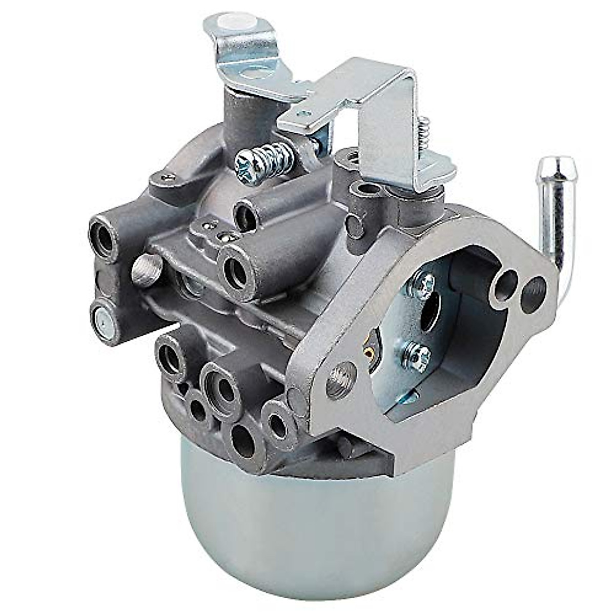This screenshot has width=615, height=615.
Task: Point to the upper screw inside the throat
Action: click(425, 281)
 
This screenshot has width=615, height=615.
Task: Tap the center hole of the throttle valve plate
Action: click(429, 313)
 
